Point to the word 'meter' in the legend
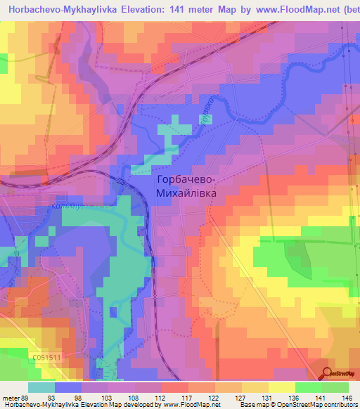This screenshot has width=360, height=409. pos(12,397)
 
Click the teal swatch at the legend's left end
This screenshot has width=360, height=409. pos(41,387)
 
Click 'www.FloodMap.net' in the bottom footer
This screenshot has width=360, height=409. pos(191,405)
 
